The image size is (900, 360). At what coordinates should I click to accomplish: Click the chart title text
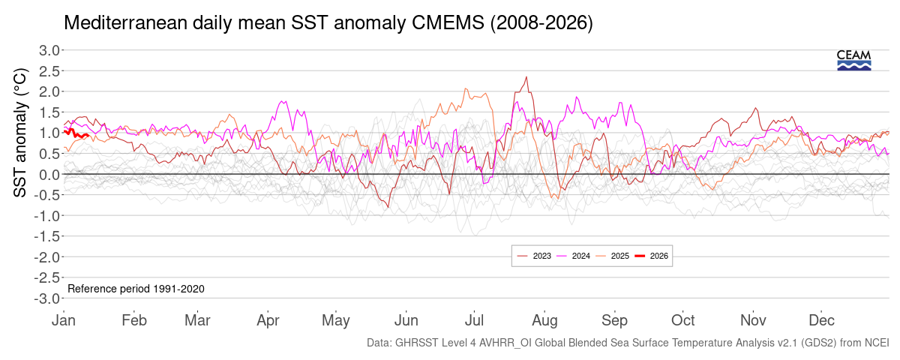click(328, 23)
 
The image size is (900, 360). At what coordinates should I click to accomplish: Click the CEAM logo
click(853, 60)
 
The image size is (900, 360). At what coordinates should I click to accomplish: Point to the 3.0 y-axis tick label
click(49, 50)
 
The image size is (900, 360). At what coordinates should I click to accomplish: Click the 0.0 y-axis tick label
click(49, 175)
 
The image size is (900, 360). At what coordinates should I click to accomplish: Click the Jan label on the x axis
click(64, 320)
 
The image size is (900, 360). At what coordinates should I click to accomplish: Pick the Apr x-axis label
click(268, 320)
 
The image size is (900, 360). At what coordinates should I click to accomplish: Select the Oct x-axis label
click(682, 320)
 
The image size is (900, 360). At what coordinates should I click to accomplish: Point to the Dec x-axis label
click(822, 320)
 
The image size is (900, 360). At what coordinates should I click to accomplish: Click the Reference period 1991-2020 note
click(136, 289)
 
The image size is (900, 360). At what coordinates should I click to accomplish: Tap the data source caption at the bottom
click(628, 343)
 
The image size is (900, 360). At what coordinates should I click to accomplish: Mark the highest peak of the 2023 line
click(526, 76)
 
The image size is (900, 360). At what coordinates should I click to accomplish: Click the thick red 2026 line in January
click(75, 133)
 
